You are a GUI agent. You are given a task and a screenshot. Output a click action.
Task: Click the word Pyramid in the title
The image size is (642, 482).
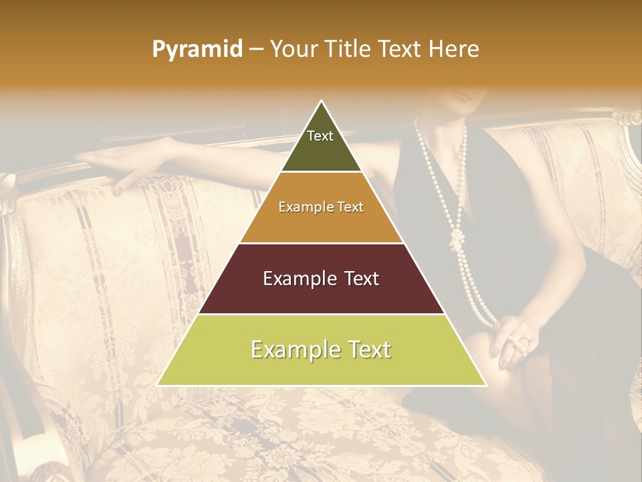pyautogui.click(x=197, y=50)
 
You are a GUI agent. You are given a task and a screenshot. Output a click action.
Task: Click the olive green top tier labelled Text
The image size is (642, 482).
pyautogui.click(x=320, y=144)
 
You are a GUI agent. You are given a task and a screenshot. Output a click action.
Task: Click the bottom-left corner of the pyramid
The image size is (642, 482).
pyautogui.click(x=158, y=385)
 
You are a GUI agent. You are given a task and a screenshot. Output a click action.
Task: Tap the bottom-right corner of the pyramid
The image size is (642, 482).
pyautogui.click(x=486, y=385)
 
